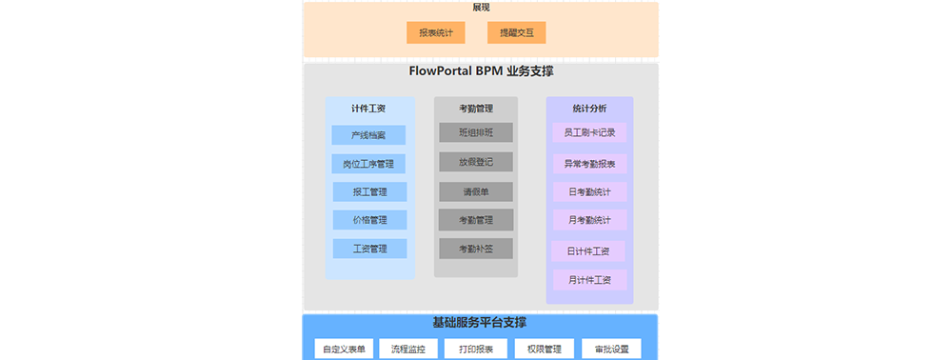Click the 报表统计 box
pyautogui.click(x=436, y=33)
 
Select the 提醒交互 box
pyautogui.click(x=517, y=33)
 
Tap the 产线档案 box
pyautogui.click(x=368, y=135)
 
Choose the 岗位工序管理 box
pyautogui.click(x=368, y=164)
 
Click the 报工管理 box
pyautogui.click(x=369, y=192)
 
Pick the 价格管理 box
pyautogui.click(x=369, y=220)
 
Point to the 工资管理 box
pyautogui.click(x=369, y=249)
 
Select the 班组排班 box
pyautogui.click(x=476, y=132)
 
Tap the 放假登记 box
pyautogui.click(x=476, y=162)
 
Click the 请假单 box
pyautogui.click(x=476, y=191)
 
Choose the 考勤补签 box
pyautogui.click(x=476, y=249)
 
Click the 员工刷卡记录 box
pyautogui.click(x=589, y=133)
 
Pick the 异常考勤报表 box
pyautogui.click(x=589, y=164)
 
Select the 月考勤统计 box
pyautogui.click(x=589, y=221)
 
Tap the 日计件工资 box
pyautogui.click(x=588, y=251)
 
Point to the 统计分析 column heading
pyautogui.click(x=589, y=109)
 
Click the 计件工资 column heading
pyautogui.click(x=368, y=109)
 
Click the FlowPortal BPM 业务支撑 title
pyautogui.click(x=481, y=71)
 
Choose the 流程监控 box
pyautogui.click(x=408, y=349)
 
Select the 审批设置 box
pyautogui.click(x=611, y=349)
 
